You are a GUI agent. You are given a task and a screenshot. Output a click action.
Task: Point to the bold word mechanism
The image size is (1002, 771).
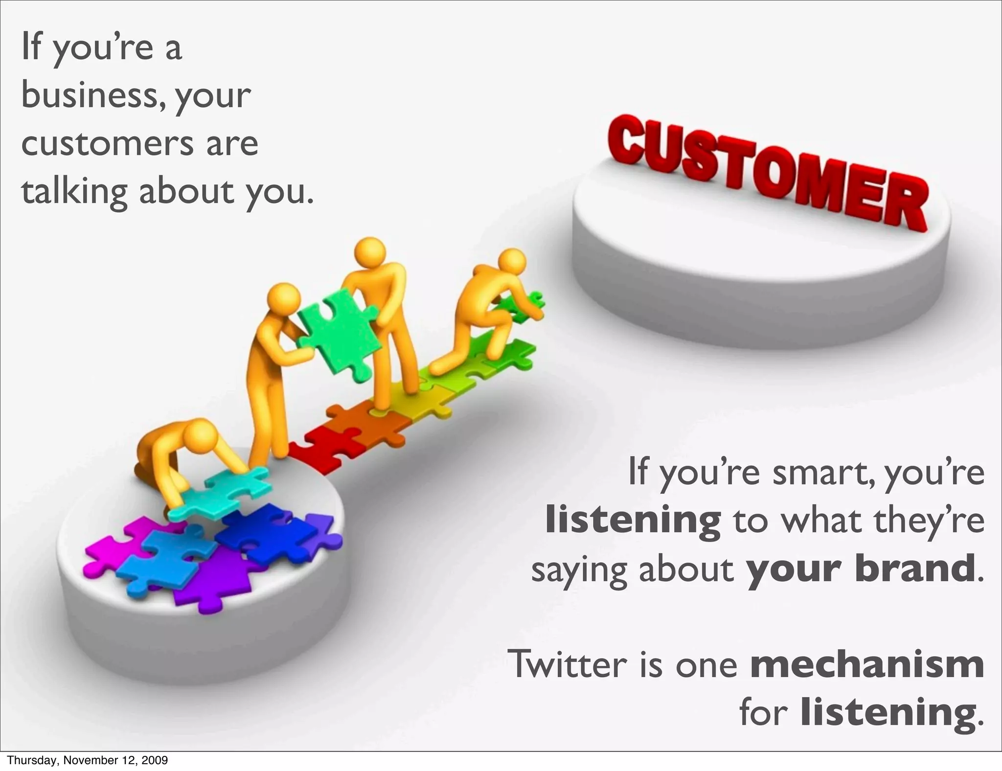[x=866, y=664]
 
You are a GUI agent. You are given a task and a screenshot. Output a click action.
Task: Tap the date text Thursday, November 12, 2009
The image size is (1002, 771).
[x=88, y=760]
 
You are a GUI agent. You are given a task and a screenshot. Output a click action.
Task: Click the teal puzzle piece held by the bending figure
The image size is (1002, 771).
[x=220, y=494]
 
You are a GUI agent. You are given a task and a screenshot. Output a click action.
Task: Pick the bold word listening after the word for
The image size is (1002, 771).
[x=888, y=712]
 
